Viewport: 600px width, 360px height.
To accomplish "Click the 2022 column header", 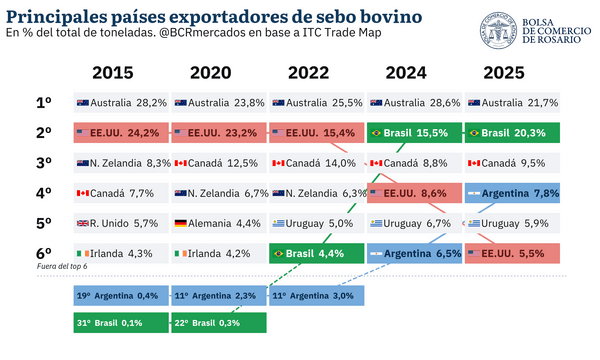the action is coord(308,73).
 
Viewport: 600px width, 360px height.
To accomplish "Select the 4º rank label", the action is coord(44,193).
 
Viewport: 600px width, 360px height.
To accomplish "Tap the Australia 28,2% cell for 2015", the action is coord(121,103).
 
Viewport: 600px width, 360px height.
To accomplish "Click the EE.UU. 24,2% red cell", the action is coord(121,133).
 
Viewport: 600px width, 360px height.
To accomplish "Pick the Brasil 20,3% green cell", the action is coord(512,133).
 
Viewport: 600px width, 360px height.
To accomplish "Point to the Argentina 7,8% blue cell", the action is coord(512,193).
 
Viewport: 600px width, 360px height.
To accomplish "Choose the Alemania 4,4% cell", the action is coord(219,223).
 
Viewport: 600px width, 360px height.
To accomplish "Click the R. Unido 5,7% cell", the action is coord(121,223).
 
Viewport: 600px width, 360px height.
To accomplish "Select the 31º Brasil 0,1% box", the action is coord(121,323).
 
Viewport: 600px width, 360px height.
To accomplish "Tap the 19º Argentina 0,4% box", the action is coord(121,296).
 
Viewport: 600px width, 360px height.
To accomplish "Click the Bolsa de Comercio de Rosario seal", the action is coord(498,30).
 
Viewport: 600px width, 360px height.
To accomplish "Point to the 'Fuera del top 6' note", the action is coord(62,266).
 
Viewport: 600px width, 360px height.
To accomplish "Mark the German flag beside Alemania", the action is coord(181,223).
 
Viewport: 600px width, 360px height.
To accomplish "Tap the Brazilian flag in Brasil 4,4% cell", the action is coord(279,253).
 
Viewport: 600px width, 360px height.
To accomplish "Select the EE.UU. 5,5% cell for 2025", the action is coord(512,253).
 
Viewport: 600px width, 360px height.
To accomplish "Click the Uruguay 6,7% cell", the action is coord(414,223).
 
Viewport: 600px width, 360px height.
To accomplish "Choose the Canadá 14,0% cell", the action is coord(316,163).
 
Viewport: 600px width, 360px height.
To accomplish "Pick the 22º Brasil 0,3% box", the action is coord(219,323).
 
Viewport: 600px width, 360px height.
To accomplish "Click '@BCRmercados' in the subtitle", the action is coord(202,33).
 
